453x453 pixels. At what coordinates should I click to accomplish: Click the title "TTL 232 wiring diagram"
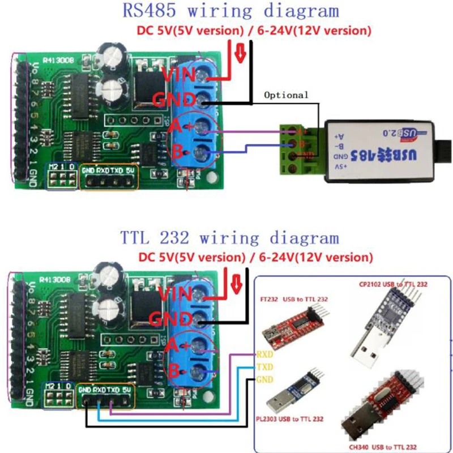229,237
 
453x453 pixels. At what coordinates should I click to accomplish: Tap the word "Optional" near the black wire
287,95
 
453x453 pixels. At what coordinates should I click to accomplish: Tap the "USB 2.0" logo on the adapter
396,133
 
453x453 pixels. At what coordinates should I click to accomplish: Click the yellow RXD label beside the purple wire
264,354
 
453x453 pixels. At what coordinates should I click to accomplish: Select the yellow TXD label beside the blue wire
264,366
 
